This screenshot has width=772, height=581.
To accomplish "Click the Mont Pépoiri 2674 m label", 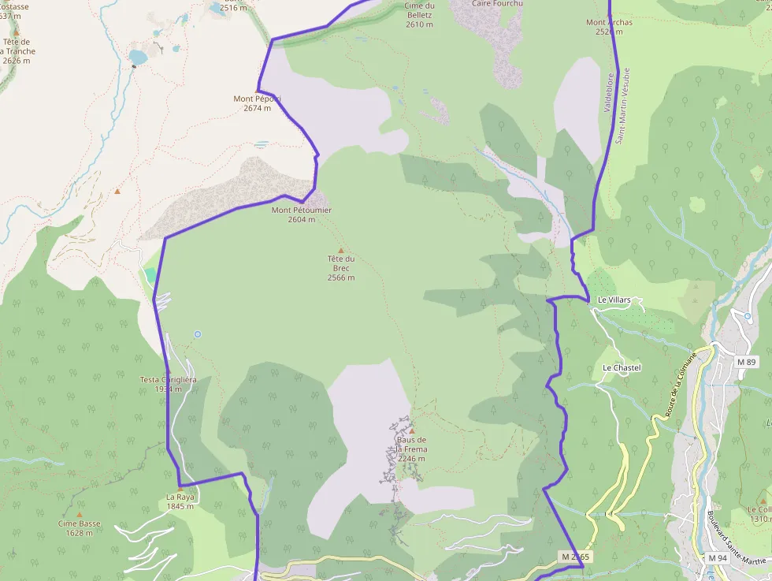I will [257, 103].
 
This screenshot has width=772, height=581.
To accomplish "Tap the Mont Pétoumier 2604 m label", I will [301, 214].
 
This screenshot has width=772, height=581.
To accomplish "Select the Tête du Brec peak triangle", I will [341, 250].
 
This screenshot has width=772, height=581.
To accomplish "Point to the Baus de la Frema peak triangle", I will [411, 431].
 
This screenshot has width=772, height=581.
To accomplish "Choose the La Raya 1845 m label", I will [180, 501].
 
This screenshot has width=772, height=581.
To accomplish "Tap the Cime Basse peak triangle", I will [79, 514].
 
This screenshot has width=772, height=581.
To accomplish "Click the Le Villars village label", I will [614, 300].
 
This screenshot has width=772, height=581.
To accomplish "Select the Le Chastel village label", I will [622, 368].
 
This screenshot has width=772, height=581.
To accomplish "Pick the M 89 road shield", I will [746, 361].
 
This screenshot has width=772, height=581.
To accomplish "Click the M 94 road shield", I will [717, 558].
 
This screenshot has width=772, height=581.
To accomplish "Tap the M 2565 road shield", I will [575, 557].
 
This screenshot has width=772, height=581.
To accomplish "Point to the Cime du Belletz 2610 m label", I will [419, 15].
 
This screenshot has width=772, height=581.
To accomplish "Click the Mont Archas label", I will [609, 27].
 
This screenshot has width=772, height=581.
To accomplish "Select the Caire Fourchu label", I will [497, 3].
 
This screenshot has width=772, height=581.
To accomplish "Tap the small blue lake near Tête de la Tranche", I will [139, 57].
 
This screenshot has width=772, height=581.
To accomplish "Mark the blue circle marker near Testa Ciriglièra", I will [198, 334].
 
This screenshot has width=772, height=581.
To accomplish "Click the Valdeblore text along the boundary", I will [608, 92].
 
